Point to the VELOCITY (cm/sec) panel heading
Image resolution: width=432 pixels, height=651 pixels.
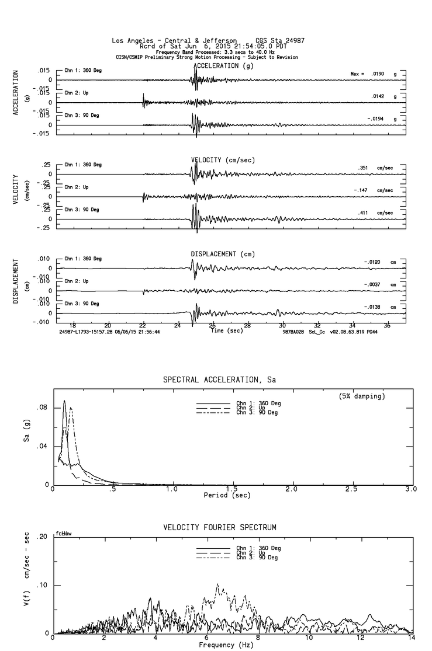tap(223, 160)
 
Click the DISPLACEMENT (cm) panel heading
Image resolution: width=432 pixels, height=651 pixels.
tap(223, 254)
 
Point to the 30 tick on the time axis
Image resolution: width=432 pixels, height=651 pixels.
tap(283, 325)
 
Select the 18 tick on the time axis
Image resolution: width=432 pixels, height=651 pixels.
tap(73, 325)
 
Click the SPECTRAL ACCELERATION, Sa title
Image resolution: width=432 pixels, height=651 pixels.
tap(220, 380)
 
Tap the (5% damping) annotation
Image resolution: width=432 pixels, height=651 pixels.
tap(361, 396)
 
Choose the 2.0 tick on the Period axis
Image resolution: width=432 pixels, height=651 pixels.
tap(292, 489)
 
